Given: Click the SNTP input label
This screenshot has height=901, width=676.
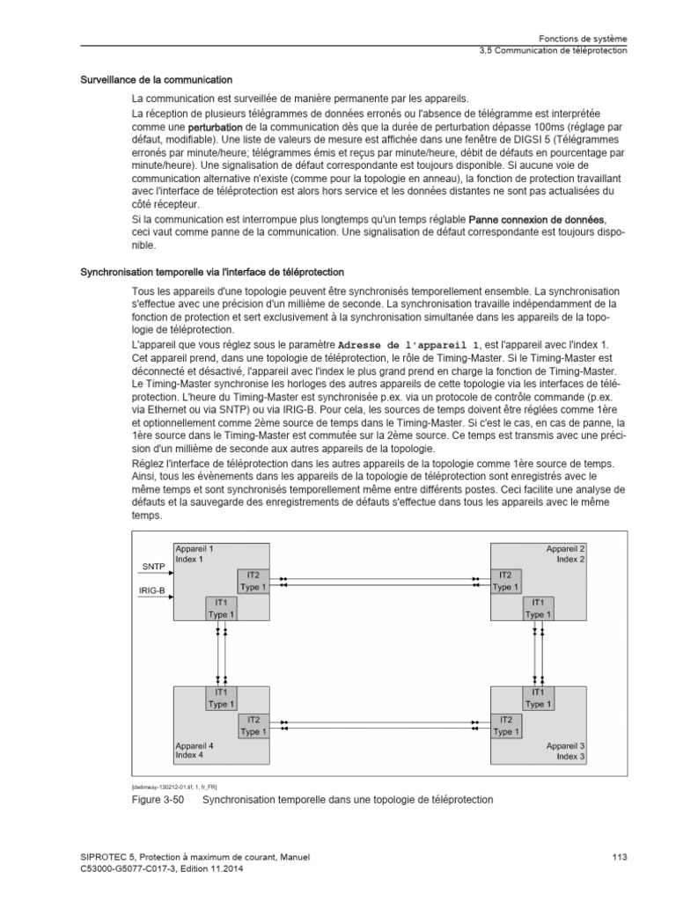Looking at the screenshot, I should tap(153, 567).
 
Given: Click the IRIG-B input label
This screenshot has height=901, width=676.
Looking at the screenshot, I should tap(152, 590).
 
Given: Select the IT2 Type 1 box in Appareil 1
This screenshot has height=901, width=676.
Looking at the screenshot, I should tap(253, 581).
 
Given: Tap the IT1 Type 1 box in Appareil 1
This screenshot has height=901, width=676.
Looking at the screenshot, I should tap(221, 608).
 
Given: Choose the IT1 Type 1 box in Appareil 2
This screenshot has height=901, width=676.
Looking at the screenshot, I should tap(536, 608).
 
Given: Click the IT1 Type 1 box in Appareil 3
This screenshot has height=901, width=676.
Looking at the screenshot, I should tap(536, 698).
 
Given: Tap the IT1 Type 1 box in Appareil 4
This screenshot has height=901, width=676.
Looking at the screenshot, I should tap(221, 698).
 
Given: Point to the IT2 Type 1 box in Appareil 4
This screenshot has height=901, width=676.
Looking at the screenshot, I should tap(253, 725).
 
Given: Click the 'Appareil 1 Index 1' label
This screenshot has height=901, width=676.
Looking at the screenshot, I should tap(195, 553).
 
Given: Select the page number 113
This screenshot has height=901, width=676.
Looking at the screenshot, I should tap(618, 857).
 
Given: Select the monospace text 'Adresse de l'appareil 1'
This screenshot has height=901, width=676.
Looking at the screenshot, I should tap(409, 344).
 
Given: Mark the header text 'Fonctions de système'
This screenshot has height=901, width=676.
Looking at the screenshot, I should tap(583, 39).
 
